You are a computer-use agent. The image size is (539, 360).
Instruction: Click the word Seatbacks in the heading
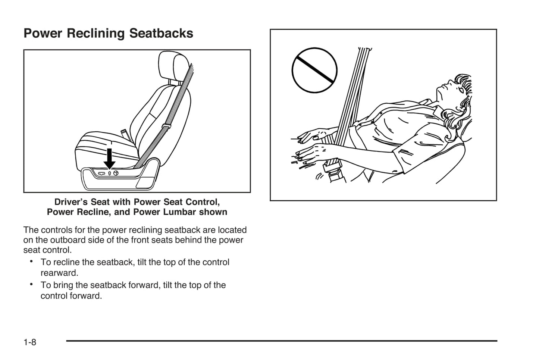[161, 34]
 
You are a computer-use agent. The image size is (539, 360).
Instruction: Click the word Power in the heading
[43, 34]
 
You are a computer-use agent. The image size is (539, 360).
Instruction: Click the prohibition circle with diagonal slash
[314, 70]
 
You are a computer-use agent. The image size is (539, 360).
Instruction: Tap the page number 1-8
[30, 342]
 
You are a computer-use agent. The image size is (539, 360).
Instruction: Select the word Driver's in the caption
[71, 202]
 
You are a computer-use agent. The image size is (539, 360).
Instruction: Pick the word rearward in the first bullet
[59, 273]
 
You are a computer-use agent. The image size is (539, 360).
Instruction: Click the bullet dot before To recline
[32, 262]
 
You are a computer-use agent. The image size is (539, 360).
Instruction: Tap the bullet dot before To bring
[32, 284]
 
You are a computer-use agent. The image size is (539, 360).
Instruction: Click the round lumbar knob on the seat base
[116, 173]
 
